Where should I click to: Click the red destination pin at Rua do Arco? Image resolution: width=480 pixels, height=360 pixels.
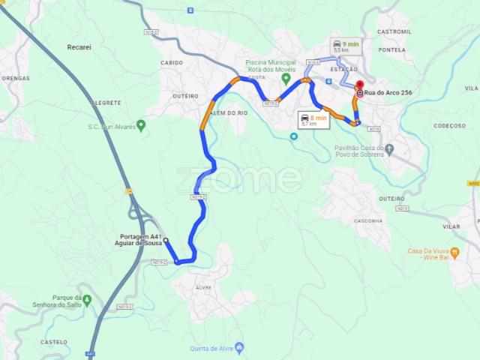pyautogui.click(x=359, y=85)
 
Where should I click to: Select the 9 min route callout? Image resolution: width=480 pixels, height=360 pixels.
pyautogui.click(x=345, y=47)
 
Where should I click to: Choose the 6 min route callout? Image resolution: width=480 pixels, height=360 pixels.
pyautogui.click(x=313, y=121)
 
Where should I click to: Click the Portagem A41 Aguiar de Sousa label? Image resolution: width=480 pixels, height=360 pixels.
pyautogui.click(x=140, y=240)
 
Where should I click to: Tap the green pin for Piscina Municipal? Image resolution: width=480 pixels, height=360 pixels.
pyautogui.click(x=286, y=77)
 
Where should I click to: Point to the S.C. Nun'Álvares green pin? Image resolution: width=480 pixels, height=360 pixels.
pyautogui.click(x=141, y=125)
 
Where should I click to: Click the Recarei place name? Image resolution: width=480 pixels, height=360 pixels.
pyautogui.click(x=79, y=46)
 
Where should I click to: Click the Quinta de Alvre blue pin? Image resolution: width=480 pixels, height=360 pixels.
pyautogui.click(x=239, y=347)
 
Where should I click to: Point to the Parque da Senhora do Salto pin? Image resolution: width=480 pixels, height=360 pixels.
pyautogui.click(x=87, y=300)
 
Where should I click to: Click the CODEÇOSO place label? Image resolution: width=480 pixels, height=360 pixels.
pyautogui.click(x=449, y=126)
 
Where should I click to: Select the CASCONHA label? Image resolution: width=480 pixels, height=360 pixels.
pyautogui.click(x=367, y=221)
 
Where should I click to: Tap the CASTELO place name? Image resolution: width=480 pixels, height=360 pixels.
pyautogui.click(x=54, y=341)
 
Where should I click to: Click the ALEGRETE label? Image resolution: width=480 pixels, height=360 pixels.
pyautogui.click(x=106, y=102)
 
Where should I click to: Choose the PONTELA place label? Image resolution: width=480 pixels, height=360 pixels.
pyautogui.click(x=392, y=49)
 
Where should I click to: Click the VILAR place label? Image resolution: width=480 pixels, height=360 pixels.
pyautogui.click(x=451, y=226)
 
